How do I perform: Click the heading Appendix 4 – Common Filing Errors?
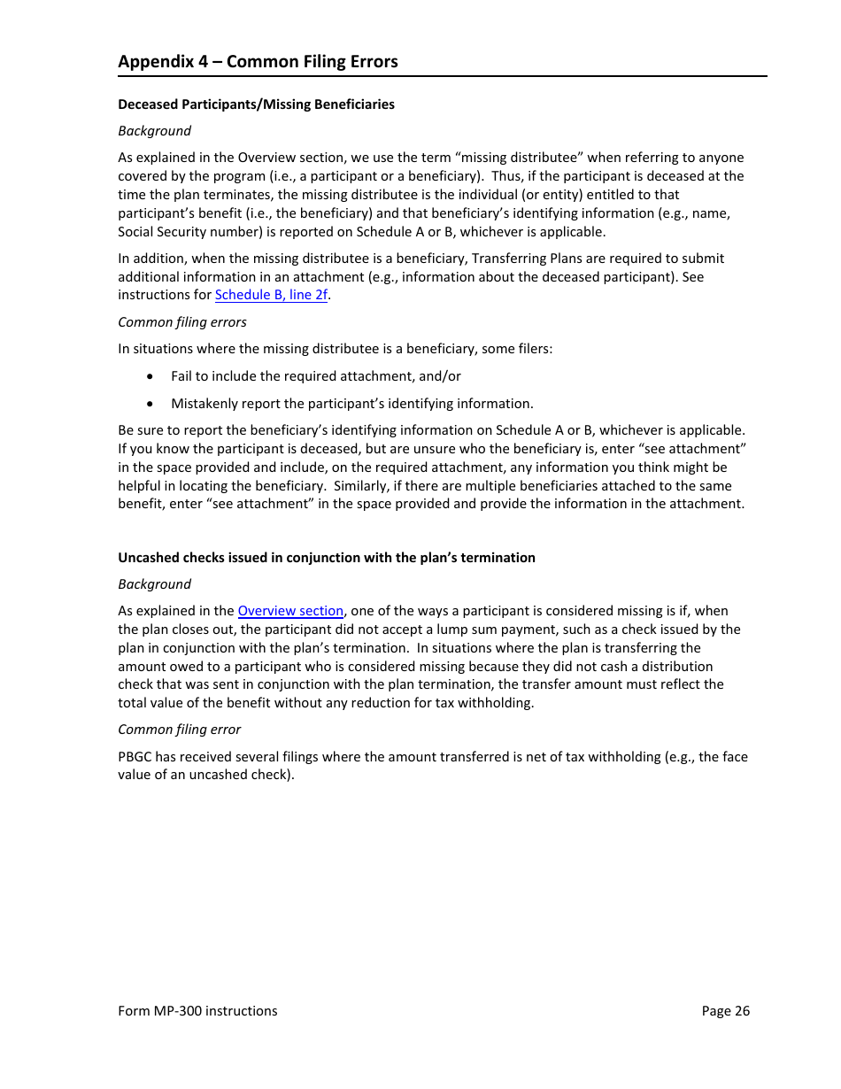(258, 61)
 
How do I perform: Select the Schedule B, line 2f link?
(271, 295)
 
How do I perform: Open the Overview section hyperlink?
(290, 611)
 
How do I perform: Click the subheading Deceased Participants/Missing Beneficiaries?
(256, 104)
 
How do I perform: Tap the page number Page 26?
(725, 1011)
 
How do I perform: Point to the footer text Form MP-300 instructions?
(197, 1011)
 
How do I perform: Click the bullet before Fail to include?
(151, 376)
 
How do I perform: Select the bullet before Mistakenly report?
(151, 404)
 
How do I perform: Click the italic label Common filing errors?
(182, 322)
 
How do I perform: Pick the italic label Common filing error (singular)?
(180, 730)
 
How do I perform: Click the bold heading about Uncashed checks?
(327, 558)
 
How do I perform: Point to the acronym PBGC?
(136, 757)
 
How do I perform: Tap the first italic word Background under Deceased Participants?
(155, 131)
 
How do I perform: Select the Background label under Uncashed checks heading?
(155, 584)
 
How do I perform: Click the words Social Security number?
(181, 232)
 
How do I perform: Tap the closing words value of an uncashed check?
(204, 775)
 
